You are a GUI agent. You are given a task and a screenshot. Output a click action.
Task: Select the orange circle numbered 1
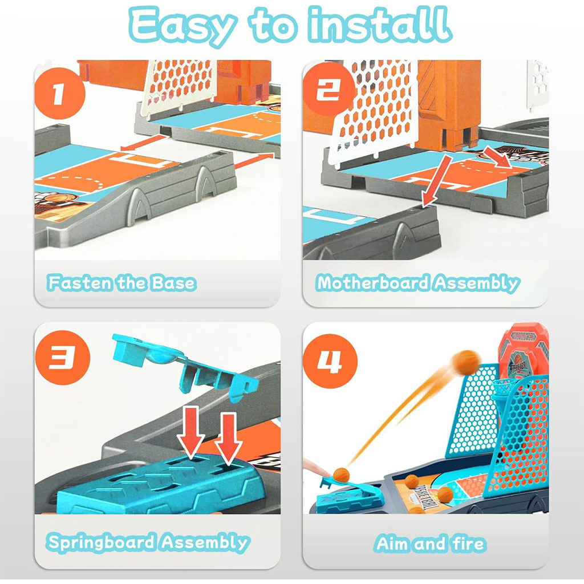click(60, 93)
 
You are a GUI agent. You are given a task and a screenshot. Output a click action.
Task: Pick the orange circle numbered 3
click(63, 358)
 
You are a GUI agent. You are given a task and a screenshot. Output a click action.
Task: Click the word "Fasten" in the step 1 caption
click(80, 283)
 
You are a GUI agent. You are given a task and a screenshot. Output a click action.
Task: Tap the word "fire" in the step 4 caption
click(469, 543)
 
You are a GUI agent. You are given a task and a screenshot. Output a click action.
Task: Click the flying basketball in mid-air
click(466, 362)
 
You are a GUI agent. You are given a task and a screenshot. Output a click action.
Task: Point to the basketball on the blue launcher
click(341, 474)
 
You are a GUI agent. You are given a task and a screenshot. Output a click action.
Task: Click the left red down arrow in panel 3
click(191, 433)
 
